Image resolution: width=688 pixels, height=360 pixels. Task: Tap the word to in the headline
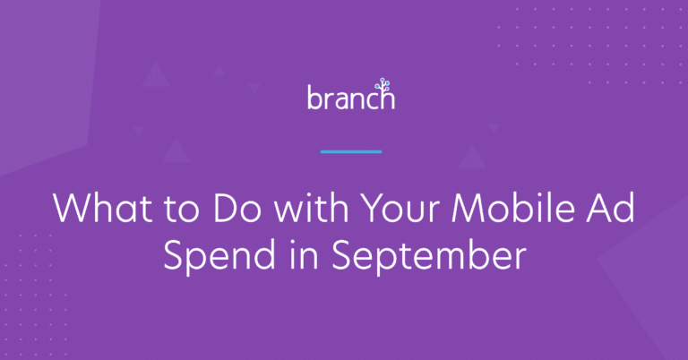point(161,210)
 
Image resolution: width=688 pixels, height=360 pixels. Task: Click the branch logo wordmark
point(349,97)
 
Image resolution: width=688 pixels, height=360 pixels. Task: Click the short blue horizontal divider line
point(350,151)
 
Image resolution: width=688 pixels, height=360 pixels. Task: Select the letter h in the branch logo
point(386,98)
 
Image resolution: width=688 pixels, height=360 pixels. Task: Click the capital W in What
point(72,210)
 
